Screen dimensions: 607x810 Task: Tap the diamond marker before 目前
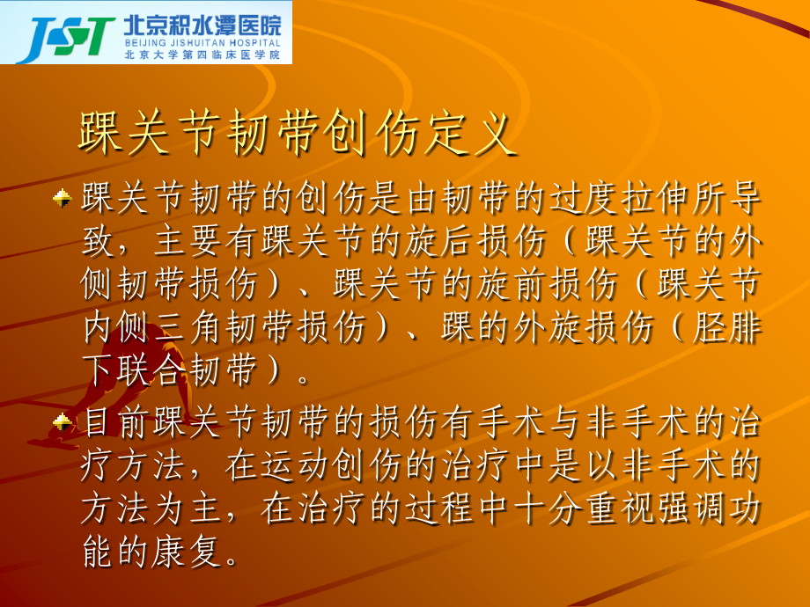coord(63,423)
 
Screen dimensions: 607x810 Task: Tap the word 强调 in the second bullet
coord(700,508)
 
